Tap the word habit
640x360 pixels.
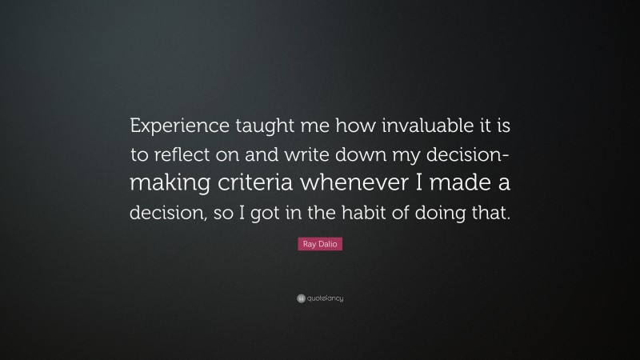tap(360, 213)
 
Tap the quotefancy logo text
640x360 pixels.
tap(326, 299)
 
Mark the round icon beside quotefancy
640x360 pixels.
tap(300, 299)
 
